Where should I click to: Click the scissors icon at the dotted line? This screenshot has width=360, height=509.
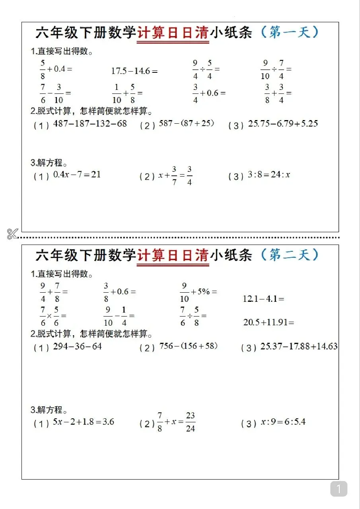[12, 234]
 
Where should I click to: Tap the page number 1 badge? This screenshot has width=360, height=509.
[339, 489]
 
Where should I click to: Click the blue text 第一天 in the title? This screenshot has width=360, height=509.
[289, 32]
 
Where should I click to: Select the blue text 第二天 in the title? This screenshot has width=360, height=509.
[289, 255]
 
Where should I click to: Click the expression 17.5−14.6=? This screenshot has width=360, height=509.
[134, 71]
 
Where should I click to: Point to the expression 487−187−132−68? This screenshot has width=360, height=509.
[90, 124]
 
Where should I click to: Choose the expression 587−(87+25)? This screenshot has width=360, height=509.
[186, 123]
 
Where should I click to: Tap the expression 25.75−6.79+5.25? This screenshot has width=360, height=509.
[283, 124]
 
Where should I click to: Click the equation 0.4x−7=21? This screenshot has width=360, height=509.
[77, 175]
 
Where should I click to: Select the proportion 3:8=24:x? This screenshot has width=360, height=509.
[269, 175]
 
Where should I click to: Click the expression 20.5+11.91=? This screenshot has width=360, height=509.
[269, 322]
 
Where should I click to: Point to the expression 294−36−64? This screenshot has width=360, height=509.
[78, 346]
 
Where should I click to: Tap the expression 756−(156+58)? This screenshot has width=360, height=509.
[189, 346]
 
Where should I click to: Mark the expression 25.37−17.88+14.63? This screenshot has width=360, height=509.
[299, 346]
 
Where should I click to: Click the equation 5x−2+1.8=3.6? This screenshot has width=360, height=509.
[84, 422]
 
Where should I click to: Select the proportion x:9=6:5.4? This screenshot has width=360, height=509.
[283, 422]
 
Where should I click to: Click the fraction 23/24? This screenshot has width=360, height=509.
[191, 422]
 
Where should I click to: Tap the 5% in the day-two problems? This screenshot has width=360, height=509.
[204, 291]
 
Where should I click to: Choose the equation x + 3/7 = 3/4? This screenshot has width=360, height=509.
[175, 176]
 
